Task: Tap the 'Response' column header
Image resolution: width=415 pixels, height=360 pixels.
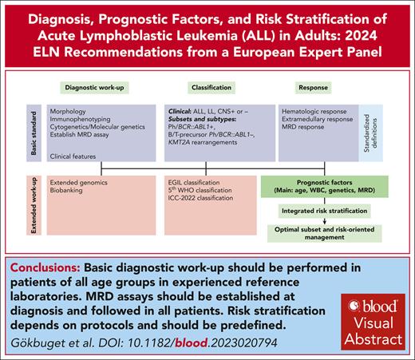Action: pos(316,86)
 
